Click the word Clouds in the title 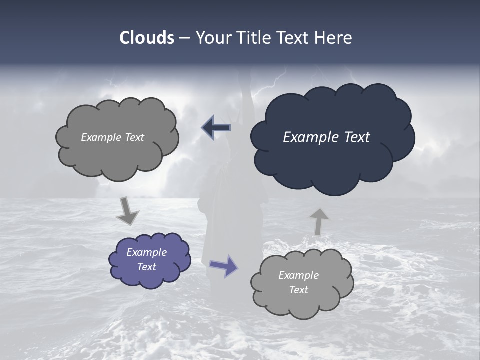(146, 38)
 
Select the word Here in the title (334, 38)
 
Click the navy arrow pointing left (216, 128)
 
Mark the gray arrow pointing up (318, 221)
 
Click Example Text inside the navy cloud (326, 137)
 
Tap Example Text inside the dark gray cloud (112, 137)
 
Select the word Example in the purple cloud (146, 252)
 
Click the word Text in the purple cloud (146, 267)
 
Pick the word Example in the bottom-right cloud (298, 275)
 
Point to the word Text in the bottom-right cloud (298, 290)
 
